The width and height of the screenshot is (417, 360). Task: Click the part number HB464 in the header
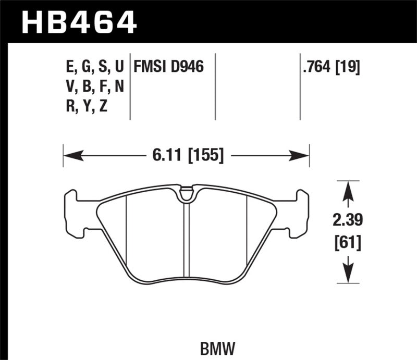pyautogui.click(x=78, y=22)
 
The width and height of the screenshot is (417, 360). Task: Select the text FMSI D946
pyautogui.click(x=168, y=67)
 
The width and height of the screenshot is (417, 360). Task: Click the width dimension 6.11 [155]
pyautogui.click(x=186, y=155)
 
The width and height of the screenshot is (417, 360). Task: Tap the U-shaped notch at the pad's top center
pyautogui.click(x=186, y=195)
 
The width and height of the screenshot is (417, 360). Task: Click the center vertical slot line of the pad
pyautogui.click(x=186, y=240)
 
